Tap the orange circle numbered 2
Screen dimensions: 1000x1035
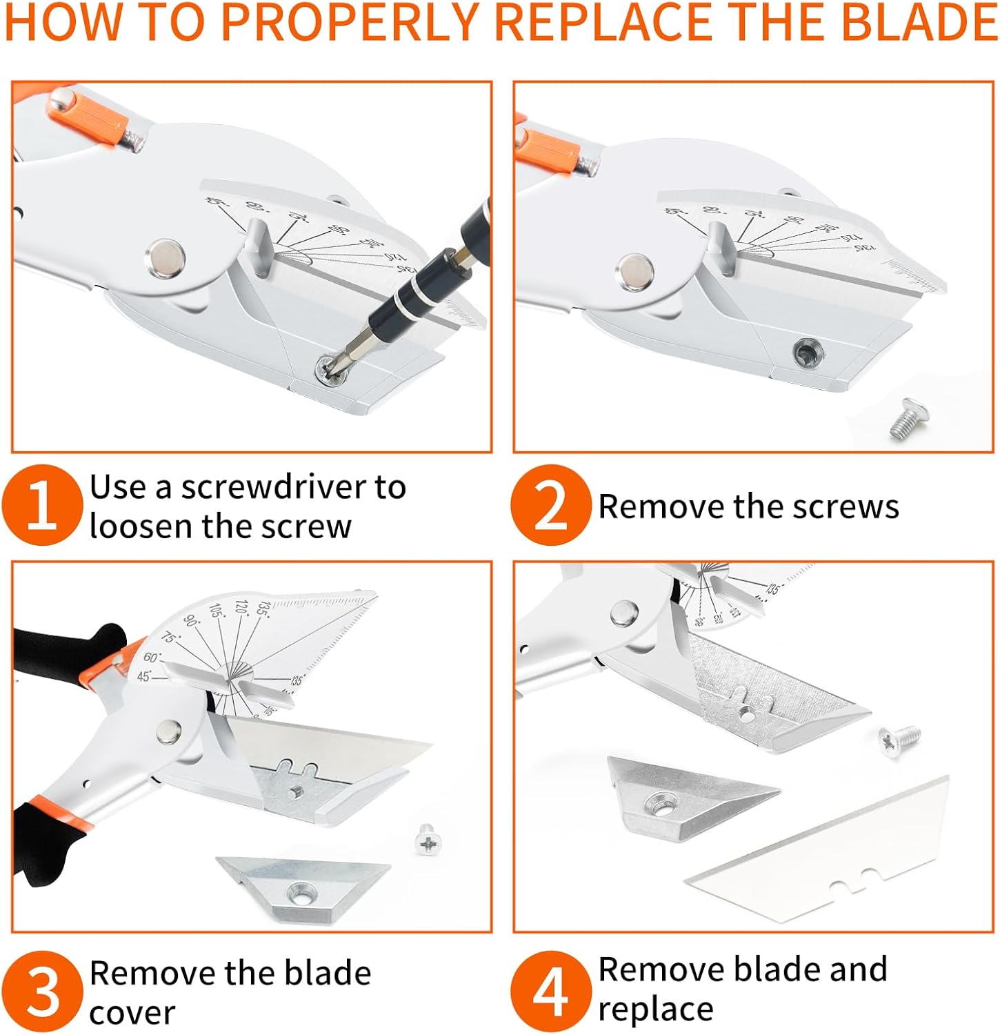tap(550, 505)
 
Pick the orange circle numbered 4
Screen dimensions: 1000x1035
tap(550, 992)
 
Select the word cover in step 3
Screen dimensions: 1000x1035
tap(132, 1013)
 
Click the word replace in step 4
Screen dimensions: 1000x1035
tap(655, 1010)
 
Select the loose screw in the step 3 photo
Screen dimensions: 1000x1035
tap(428, 840)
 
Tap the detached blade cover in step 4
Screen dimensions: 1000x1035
tap(690, 797)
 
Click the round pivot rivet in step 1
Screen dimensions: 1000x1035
tap(165, 258)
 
